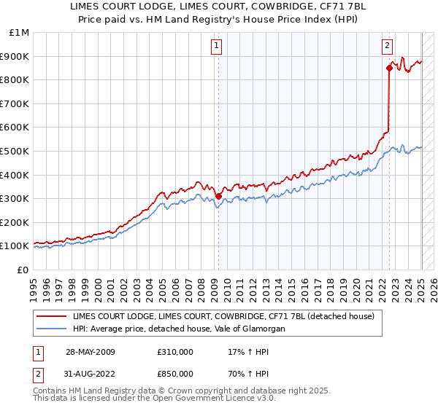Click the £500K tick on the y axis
click(x=15, y=151)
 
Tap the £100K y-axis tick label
click(x=15, y=246)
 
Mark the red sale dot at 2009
click(x=218, y=196)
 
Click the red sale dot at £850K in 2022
click(x=389, y=68)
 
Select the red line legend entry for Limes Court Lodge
click(x=223, y=316)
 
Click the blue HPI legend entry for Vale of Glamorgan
click(x=178, y=329)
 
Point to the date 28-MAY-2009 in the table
click(x=90, y=351)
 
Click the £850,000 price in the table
click(x=174, y=374)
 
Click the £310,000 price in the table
click(x=174, y=351)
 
